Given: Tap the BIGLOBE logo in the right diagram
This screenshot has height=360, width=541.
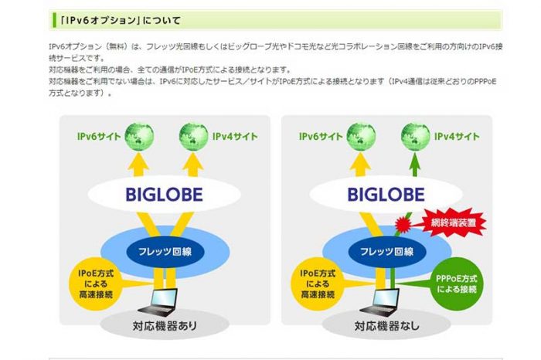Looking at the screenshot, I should click(386, 192).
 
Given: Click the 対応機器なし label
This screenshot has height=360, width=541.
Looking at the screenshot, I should click(386, 326).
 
